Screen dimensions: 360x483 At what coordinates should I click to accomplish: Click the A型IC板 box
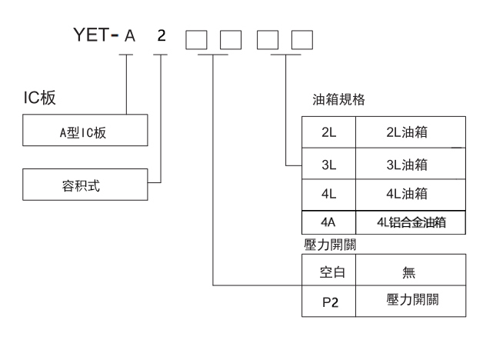pyautogui.click(x=84, y=131)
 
